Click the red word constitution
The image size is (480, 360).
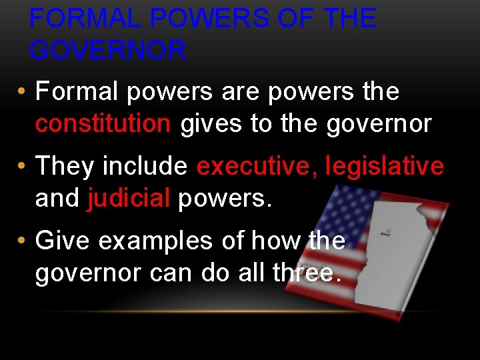point(103,124)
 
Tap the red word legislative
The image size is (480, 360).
point(384,166)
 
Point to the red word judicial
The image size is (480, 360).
point(129,198)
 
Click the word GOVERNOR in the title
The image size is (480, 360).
point(108,51)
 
